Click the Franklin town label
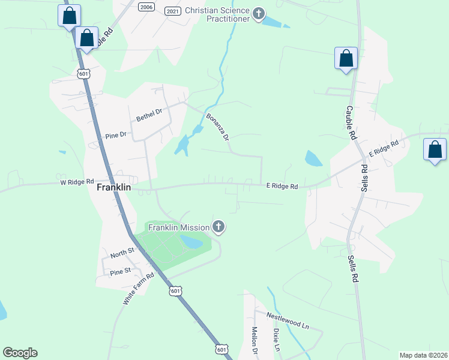coord(114,187)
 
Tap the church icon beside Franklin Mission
coord(219,227)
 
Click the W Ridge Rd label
coord(77,181)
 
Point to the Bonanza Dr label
coord(218,127)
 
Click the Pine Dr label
coord(116,135)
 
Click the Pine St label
coord(120,272)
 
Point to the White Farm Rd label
coord(139,289)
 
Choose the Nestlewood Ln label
coord(288,322)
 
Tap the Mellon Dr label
coord(254,340)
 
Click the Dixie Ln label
coord(277,340)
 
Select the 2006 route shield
coord(146,6)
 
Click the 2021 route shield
coord(172,11)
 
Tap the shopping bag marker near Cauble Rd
coord(346,59)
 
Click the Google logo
coord(20,353)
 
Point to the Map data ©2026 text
coord(423,355)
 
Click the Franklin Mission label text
coord(179,227)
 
